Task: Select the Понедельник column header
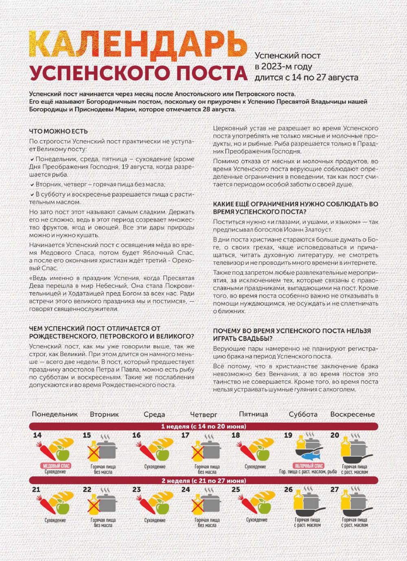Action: click(x=55, y=414)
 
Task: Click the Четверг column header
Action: click(x=203, y=415)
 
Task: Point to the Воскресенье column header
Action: click(x=352, y=414)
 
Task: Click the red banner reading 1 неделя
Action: click(x=203, y=426)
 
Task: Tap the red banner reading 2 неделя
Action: click(x=203, y=480)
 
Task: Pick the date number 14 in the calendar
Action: click(x=37, y=435)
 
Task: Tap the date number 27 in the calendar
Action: click(x=335, y=489)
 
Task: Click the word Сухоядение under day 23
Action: click(x=154, y=520)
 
